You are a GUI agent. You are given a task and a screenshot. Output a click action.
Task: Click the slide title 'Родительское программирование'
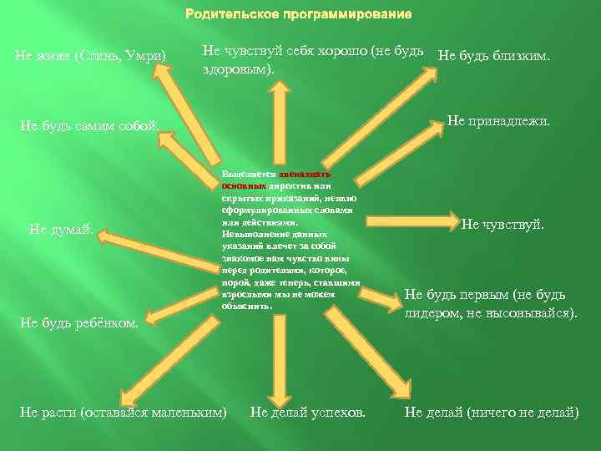coord(300,15)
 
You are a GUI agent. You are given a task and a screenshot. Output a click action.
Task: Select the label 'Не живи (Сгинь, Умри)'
coord(91,57)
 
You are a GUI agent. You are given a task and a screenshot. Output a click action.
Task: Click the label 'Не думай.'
coord(60,230)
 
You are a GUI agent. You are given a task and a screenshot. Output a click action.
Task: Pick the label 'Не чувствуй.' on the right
coord(503,225)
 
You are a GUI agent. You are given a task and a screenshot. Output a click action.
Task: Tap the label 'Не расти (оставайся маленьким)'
coord(123,412)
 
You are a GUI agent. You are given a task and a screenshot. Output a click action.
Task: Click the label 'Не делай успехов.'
coord(308,412)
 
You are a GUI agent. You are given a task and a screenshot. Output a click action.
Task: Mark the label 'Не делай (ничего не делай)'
coord(492,412)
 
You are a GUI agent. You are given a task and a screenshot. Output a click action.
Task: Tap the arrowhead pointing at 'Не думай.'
coord(105,238)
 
